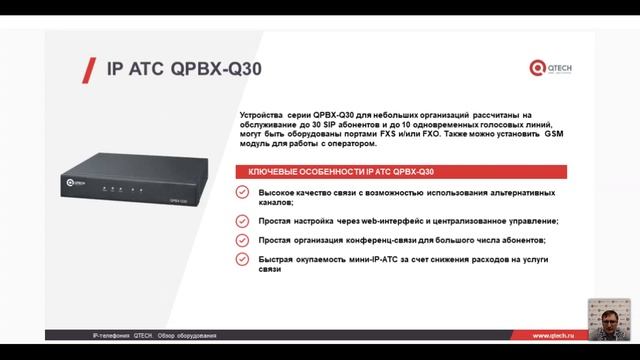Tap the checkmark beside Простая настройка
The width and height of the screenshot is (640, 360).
click(x=242, y=220)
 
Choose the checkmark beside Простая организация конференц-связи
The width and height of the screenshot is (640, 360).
click(x=242, y=241)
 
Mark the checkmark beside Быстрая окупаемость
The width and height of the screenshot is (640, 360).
click(x=242, y=259)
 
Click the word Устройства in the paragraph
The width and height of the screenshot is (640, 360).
click(x=262, y=115)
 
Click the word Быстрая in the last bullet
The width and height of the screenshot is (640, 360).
click(x=278, y=259)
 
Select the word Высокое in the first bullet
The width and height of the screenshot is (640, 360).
click(x=279, y=191)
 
